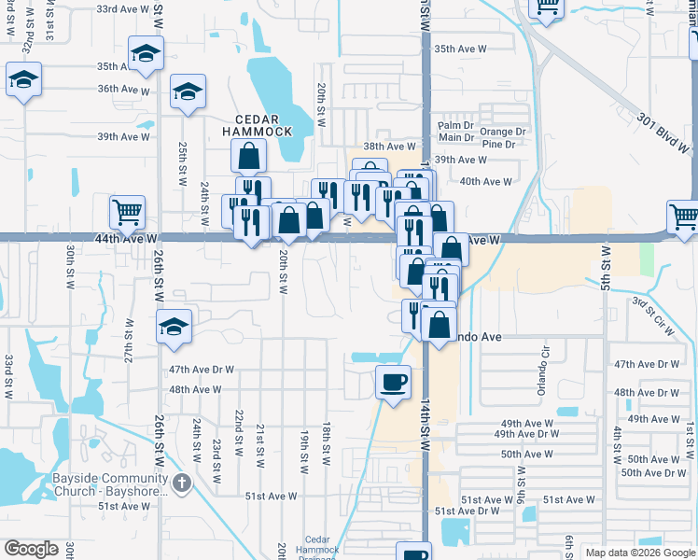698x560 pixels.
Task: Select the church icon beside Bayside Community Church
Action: coord(182,483)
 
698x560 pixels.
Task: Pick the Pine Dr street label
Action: coord(499,145)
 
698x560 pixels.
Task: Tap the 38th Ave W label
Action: coord(389,147)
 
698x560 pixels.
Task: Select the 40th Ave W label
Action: coord(486,182)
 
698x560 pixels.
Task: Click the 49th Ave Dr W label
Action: coord(527,434)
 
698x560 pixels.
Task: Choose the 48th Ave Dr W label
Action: coord(647,393)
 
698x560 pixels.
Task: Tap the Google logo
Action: coord(31,549)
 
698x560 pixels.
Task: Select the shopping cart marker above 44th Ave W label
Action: coord(127,211)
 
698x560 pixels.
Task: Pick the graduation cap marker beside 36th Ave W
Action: coord(188,91)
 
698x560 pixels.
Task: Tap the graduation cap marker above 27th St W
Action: coord(174,327)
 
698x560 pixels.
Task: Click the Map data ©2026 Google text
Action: coord(640,553)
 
